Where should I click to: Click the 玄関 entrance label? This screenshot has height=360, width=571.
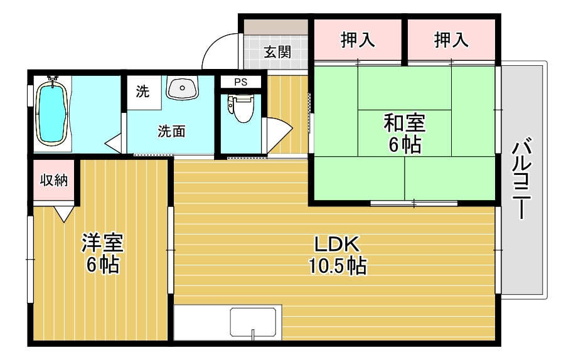click(277, 52)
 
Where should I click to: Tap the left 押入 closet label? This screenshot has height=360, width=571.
click(358, 40)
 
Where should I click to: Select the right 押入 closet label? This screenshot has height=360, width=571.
click(451, 40)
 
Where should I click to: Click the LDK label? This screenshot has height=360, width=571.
click(336, 244)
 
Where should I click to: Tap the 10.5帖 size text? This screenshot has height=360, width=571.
click(337, 267)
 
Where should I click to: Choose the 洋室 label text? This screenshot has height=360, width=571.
click(102, 243)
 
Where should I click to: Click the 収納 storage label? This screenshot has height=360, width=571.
click(54, 181)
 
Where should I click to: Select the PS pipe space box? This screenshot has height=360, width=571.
click(240, 82)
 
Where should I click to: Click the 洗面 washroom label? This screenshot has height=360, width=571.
click(171, 132)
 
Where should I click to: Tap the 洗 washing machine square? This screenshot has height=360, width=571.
click(143, 91)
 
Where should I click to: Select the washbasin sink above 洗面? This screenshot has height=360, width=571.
click(182, 88)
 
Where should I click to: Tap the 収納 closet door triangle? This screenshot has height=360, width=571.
click(63, 214)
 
